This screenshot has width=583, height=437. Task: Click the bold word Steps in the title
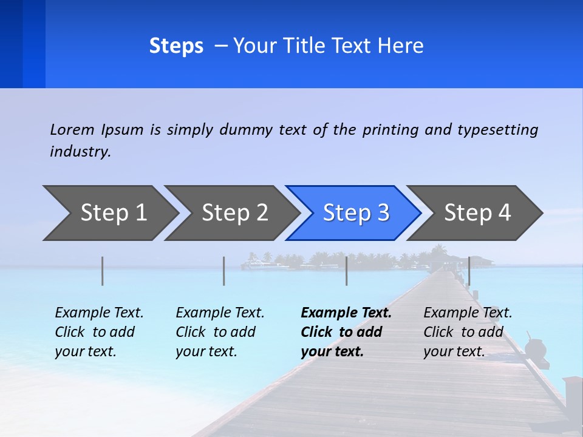(x=176, y=46)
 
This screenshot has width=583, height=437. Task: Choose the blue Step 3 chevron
(x=356, y=212)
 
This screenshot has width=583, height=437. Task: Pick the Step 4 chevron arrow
(x=477, y=212)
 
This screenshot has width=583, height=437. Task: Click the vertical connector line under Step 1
(x=102, y=271)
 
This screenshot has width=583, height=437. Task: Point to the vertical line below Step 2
(x=224, y=271)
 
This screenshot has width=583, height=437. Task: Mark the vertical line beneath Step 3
(x=347, y=271)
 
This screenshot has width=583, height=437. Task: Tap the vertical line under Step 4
(x=469, y=271)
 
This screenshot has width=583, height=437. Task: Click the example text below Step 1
(x=99, y=332)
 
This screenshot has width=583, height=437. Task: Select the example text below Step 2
(x=220, y=332)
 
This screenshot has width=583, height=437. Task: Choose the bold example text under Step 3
(x=346, y=332)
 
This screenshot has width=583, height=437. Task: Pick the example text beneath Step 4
(x=468, y=332)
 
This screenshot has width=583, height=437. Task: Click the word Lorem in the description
(x=72, y=130)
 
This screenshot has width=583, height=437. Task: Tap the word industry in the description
(x=80, y=152)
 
